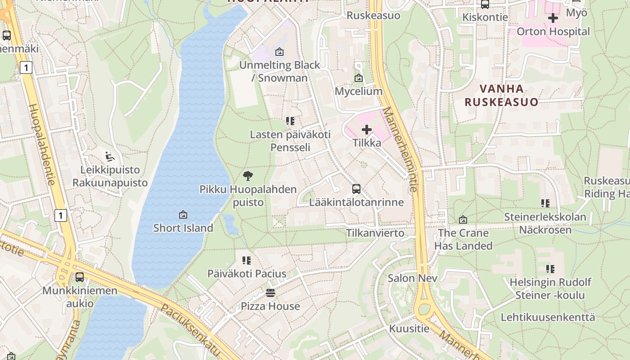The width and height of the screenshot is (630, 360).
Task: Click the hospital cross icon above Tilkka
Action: pyautogui.click(x=367, y=130)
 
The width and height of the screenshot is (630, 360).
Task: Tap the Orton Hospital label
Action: pyautogui.click(x=553, y=31)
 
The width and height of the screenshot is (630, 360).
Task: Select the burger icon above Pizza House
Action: pyautogui.click(x=270, y=293)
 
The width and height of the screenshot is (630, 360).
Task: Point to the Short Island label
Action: pyautogui.click(x=183, y=228)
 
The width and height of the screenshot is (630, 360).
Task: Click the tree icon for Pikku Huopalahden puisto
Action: pyautogui.click(x=247, y=176)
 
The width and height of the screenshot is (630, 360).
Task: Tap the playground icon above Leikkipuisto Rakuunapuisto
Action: pyautogui.click(x=110, y=157)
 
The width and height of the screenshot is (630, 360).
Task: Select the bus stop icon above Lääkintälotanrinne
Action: pyautogui.click(x=356, y=189)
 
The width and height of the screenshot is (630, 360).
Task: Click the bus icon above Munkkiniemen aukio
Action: pyautogui.click(x=80, y=277)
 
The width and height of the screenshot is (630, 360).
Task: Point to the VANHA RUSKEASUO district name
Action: pyautogui.click(x=501, y=95)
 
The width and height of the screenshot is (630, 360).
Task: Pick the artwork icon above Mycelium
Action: pyautogui.click(x=359, y=78)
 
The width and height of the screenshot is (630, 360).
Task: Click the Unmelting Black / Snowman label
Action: pyautogui.click(x=279, y=72)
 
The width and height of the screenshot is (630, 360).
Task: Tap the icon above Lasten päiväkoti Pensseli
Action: pyautogui.click(x=290, y=121)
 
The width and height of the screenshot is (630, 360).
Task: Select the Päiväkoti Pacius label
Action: pyautogui.click(x=247, y=274)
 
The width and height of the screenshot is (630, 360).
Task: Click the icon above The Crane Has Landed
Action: pyautogui.click(x=463, y=220)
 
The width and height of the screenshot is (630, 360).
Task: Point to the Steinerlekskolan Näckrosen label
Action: pyautogui.click(x=545, y=223)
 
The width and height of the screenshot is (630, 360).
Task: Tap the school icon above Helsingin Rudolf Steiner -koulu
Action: pyautogui.click(x=550, y=269)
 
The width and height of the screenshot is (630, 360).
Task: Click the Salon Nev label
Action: pyautogui.click(x=412, y=278)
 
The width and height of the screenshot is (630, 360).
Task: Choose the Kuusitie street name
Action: pyautogui.click(x=409, y=328)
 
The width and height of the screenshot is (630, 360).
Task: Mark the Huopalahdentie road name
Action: pyautogui.click(x=41, y=144)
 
